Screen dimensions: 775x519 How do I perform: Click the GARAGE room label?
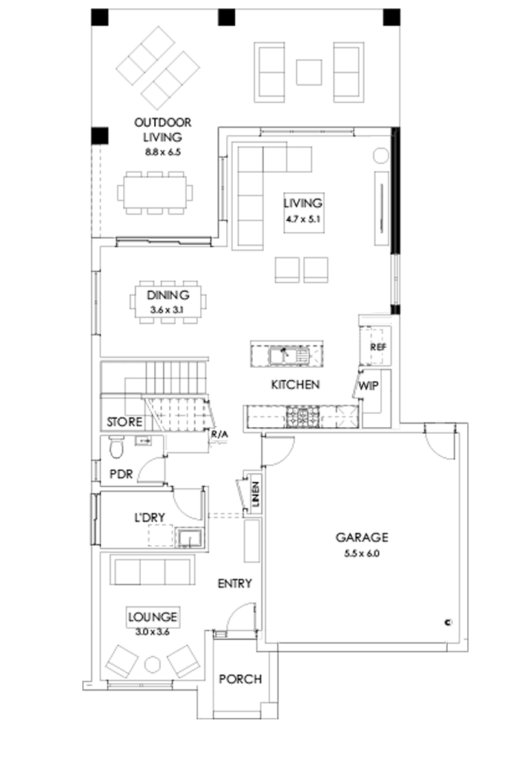(x=361, y=537)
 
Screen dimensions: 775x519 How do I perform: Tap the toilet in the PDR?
(x=116, y=447)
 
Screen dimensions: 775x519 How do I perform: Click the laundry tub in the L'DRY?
(x=191, y=538)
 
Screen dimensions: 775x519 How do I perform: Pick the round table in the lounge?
(x=153, y=663)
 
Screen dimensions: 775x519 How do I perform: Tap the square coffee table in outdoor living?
(x=308, y=71)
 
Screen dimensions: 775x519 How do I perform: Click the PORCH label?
(x=239, y=679)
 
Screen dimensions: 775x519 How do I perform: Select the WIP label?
(x=368, y=386)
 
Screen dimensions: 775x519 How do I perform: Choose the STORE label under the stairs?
(x=123, y=422)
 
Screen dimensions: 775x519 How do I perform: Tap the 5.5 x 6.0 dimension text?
(x=361, y=552)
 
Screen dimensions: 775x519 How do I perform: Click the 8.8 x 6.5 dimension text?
(x=162, y=151)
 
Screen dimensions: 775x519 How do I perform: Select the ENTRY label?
(x=234, y=583)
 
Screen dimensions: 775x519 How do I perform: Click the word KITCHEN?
(x=295, y=385)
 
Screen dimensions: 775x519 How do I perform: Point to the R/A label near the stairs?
(x=219, y=435)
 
